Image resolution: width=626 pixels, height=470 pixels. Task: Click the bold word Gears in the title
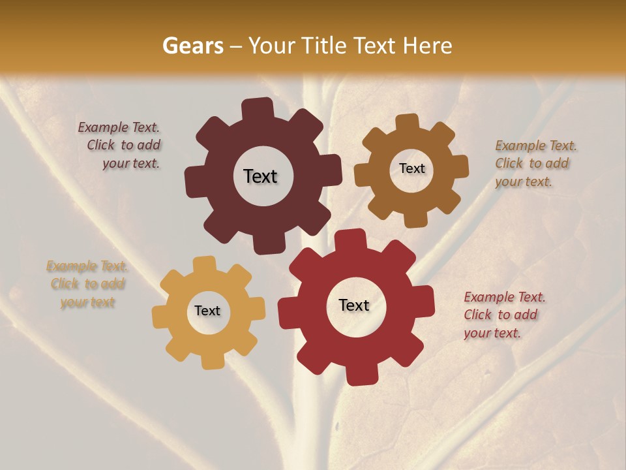192,46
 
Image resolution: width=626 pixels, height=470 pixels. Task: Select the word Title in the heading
326,46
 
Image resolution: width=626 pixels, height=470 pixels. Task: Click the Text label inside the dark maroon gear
260,176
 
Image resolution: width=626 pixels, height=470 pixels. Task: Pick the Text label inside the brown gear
411,168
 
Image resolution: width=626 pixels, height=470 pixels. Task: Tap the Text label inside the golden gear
207,311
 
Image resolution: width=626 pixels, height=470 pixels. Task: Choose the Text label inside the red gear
354,305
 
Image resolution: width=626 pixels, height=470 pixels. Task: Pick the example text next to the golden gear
87,284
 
